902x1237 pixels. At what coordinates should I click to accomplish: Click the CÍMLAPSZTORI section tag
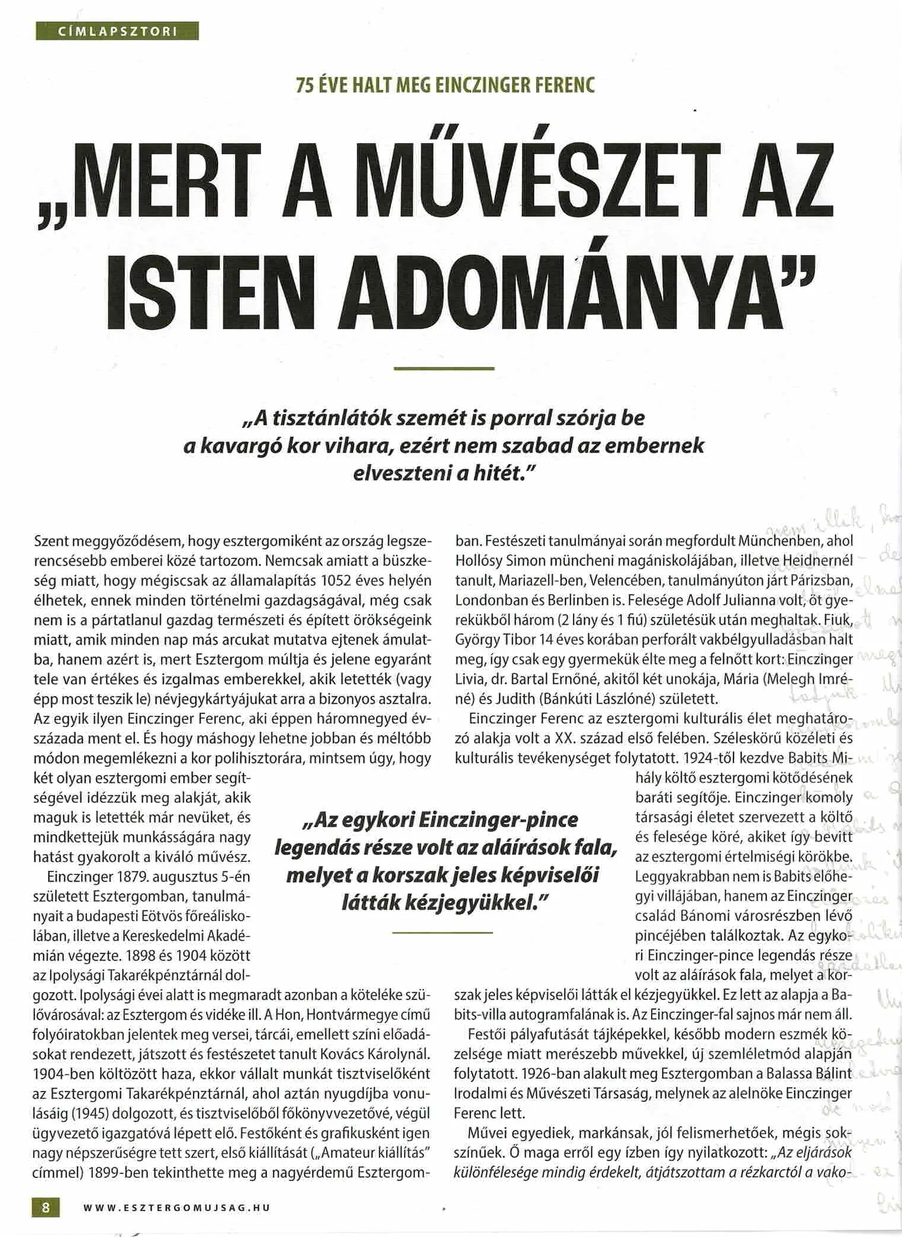click(117, 31)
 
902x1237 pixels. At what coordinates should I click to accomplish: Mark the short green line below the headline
click(443, 369)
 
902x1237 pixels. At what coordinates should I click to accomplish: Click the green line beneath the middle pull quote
click(442, 932)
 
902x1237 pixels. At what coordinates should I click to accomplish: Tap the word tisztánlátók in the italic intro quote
click(333, 418)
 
